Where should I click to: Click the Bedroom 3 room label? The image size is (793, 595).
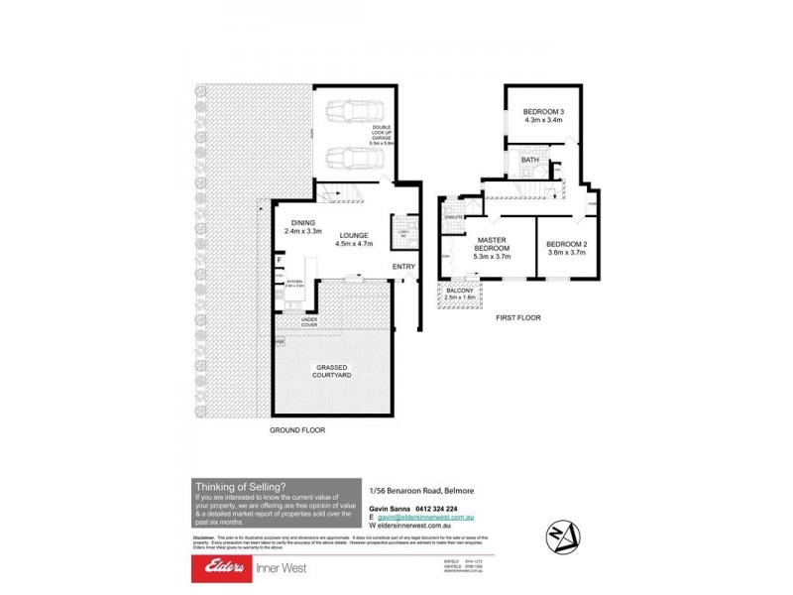click(543, 112)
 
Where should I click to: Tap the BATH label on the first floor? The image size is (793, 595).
click(530, 160)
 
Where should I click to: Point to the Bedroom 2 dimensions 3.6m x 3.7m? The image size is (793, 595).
click(566, 253)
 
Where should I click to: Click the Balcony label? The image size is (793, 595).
click(460, 289)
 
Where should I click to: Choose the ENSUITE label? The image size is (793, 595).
click(455, 216)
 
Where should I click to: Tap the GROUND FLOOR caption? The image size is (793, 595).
click(297, 430)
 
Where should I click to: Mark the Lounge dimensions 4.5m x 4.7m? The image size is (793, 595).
click(354, 244)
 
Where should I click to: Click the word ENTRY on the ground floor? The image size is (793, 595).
click(403, 267)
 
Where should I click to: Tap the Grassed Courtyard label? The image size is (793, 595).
click(332, 372)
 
